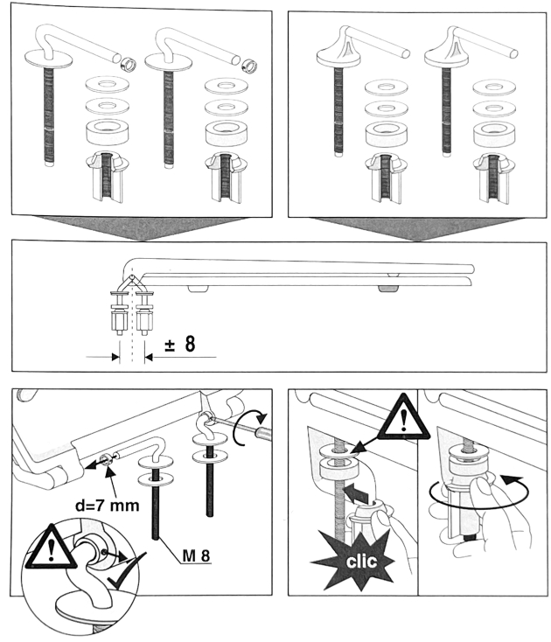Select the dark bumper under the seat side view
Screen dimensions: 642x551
[386, 286]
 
